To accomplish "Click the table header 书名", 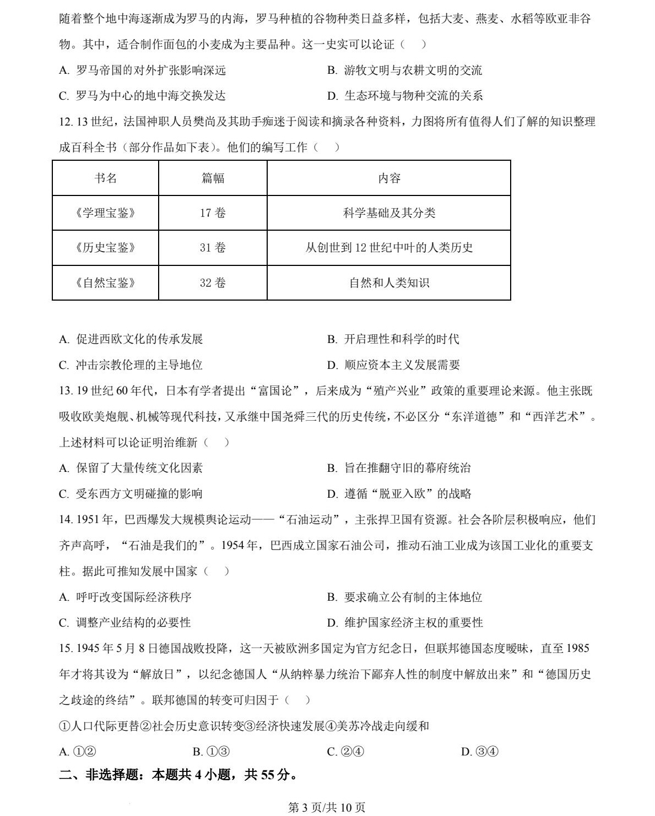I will point(105,178).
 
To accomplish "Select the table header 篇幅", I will point(213,178).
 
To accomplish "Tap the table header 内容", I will point(389,178).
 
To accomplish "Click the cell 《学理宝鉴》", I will point(105,213).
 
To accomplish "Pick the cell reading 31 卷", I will point(213,248).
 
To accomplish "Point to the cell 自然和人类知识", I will point(389,283).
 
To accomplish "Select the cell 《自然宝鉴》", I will point(105,283).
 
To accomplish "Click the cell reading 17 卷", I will point(213,213).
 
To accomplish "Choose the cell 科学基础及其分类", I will point(389,213).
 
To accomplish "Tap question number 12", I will point(66,122).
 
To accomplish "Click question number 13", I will point(66,391).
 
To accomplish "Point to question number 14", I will point(66,520).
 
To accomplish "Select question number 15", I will point(66,649).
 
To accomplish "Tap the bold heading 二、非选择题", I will point(178,775).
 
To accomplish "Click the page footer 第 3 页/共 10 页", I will point(327,807).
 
